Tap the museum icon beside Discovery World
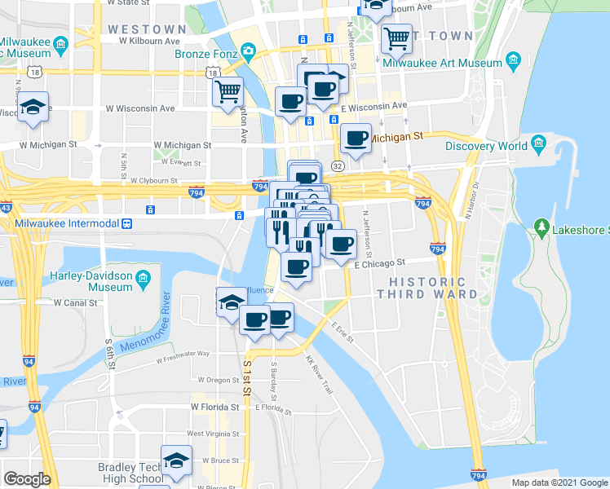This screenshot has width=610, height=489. [538, 145]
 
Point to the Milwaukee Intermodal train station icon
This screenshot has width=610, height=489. [127, 223]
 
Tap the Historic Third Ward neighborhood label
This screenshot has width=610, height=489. [427, 287]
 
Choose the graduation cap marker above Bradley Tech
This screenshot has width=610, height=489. [177, 460]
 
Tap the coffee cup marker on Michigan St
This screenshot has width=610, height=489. [355, 138]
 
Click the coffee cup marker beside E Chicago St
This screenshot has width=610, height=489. [341, 242]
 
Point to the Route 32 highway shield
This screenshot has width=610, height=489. [338, 165]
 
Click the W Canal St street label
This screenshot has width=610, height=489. [76, 302]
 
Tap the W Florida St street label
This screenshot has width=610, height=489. [218, 405]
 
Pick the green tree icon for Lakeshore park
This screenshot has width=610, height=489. [540, 225]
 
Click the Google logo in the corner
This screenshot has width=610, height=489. [27, 479]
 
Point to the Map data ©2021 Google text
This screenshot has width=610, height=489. [559, 482]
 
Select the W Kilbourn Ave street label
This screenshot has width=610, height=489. [148, 40]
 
